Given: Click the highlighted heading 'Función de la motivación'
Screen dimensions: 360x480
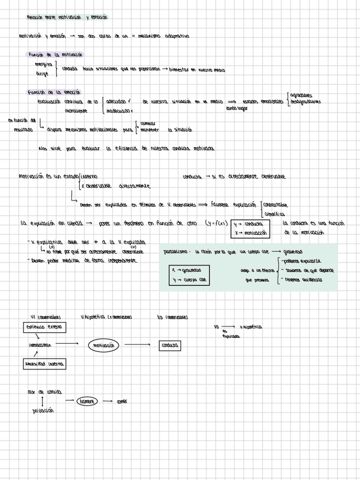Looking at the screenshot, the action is pyautogui.click(x=55, y=55).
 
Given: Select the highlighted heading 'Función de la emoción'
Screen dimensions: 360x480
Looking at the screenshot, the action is pyautogui.click(x=54, y=92).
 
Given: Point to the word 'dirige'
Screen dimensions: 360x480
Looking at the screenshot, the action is pyautogui.click(x=42, y=74).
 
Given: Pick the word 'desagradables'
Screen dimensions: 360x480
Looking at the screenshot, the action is pyautogui.click(x=306, y=102).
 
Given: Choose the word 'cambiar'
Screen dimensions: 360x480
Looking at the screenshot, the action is pyautogui.click(x=148, y=123).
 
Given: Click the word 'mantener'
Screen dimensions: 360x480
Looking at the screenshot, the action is pyautogui.click(x=149, y=130).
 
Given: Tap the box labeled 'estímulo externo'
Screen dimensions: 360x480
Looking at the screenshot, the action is pyautogui.click(x=44, y=328).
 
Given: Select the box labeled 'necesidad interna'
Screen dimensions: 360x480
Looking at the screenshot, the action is pyautogui.click(x=44, y=364).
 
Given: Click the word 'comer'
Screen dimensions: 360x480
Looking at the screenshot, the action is pyautogui.click(x=121, y=402).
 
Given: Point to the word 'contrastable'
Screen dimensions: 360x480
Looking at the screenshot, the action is pyautogui.click(x=275, y=205).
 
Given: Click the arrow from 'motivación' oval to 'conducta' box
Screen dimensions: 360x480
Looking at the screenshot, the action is pyautogui.click(x=138, y=345).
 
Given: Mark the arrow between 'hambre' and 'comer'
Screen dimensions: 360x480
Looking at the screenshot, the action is pyautogui.click(x=107, y=401).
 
